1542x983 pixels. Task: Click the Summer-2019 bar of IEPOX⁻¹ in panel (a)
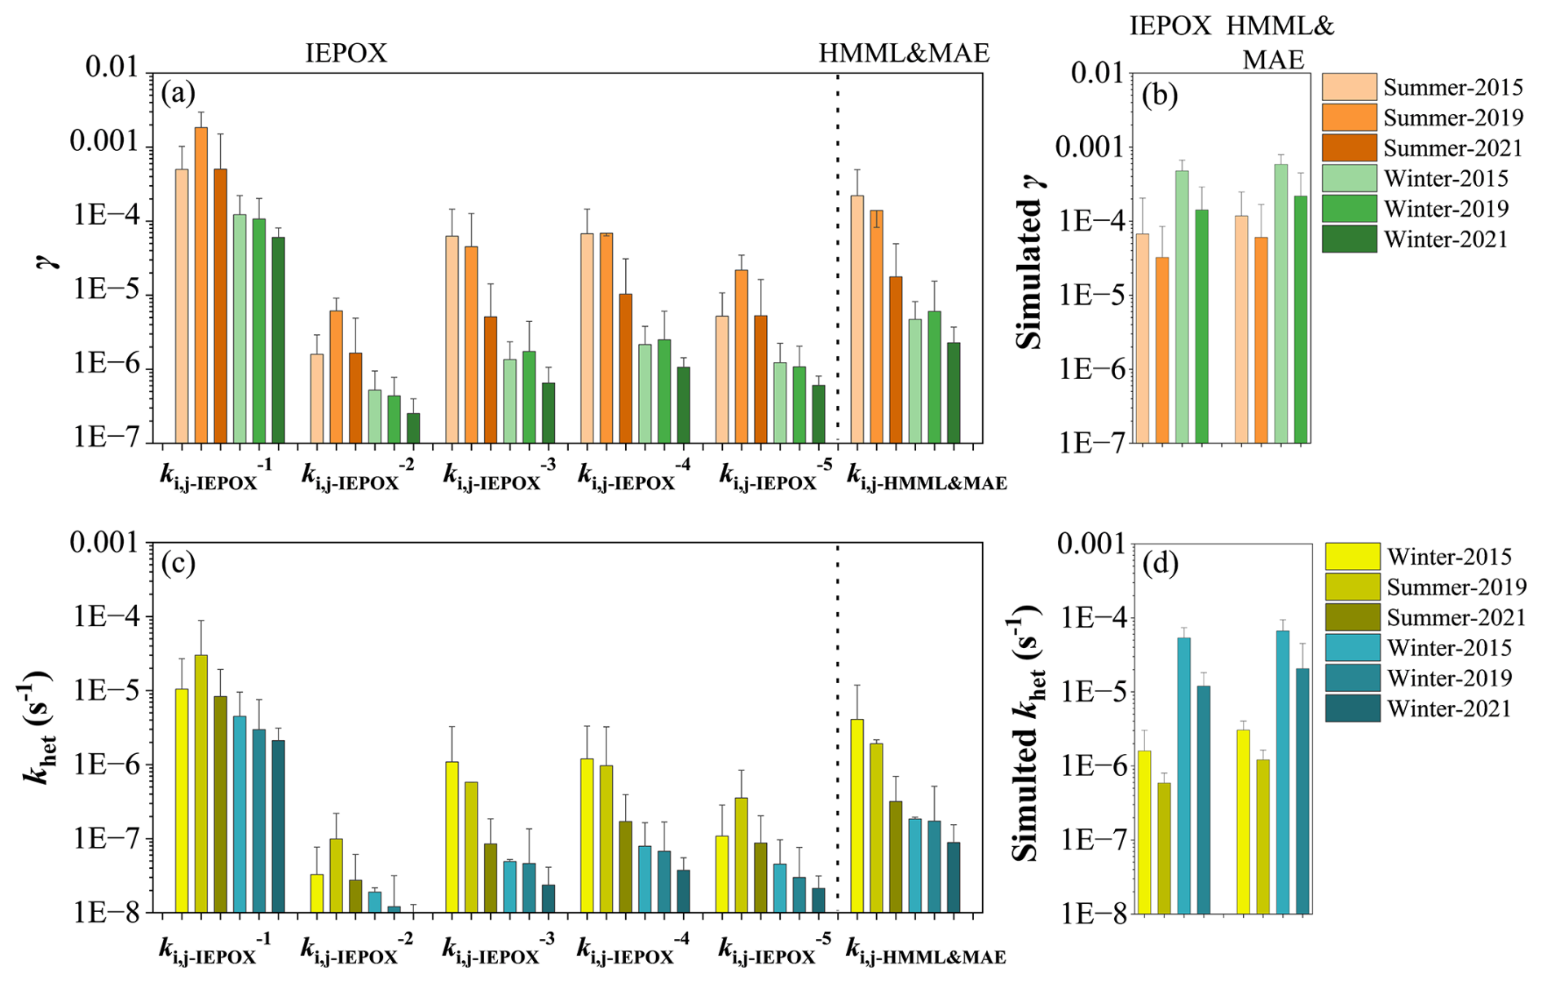(x=200, y=285)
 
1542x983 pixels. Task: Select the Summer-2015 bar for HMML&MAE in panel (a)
(x=857, y=319)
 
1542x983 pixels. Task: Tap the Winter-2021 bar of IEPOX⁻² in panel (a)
(x=413, y=428)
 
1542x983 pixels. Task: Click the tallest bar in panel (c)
(x=200, y=782)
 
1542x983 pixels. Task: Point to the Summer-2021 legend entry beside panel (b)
(x=1452, y=148)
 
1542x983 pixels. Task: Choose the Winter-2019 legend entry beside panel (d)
(x=1449, y=678)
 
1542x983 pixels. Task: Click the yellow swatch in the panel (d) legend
(x=1352, y=557)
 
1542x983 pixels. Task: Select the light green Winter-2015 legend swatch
(x=1349, y=179)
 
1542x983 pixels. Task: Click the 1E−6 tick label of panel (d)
(x=1090, y=766)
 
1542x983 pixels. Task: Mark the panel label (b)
(x=1160, y=96)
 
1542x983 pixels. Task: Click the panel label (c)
(x=178, y=563)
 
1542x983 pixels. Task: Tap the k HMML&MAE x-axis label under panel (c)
(x=926, y=951)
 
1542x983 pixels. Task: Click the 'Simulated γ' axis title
(x=1031, y=261)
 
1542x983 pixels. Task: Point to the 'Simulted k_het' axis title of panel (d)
(x=1029, y=734)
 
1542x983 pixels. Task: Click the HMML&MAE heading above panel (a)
(x=904, y=54)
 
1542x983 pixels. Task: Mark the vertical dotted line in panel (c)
(x=838, y=725)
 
